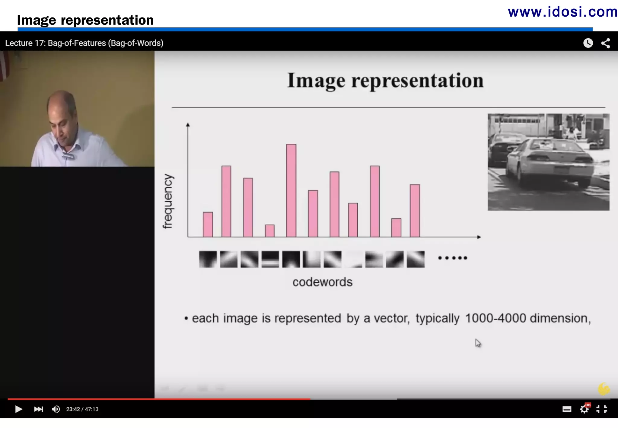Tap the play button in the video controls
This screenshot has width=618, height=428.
click(x=18, y=409)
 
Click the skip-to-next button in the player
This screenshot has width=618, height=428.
click(x=38, y=409)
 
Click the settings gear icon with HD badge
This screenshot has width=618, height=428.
click(x=585, y=409)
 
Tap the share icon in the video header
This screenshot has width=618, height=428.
click(x=606, y=43)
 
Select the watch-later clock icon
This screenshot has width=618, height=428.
click(x=588, y=43)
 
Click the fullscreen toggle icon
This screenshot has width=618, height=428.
click(x=602, y=409)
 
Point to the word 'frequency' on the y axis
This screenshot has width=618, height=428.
click(x=168, y=201)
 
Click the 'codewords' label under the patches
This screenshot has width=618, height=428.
click(x=322, y=282)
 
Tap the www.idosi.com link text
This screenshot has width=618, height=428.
click(x=562, y=12)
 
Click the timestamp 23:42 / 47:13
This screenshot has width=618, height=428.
click(x=82, y=409)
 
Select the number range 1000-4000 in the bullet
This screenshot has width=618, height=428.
click(x=495, y=318)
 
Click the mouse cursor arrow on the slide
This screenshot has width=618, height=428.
click(x=478, y=343)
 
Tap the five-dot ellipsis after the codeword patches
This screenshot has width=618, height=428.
click(x=452, y=258)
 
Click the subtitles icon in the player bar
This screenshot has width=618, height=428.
click(x=567, y=409)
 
